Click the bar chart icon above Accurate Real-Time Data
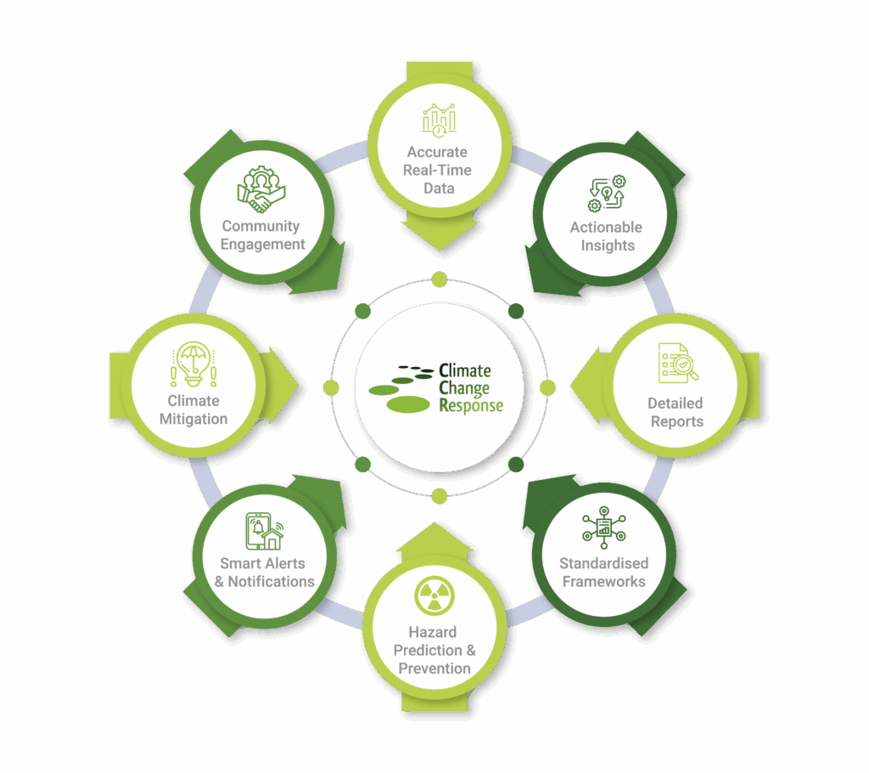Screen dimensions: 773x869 (439, 121)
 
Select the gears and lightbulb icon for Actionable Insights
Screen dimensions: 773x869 (606, 194)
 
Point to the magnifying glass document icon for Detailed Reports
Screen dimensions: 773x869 (677, 364)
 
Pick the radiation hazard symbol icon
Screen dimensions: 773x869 (434, 595)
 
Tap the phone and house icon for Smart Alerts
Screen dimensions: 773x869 (264, 531)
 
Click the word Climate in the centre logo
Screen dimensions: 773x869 (464, 370)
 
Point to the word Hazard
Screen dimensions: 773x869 (433, 632)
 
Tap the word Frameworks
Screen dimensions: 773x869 (603, 582)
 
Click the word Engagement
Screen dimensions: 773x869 (263, 244)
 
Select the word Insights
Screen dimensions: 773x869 (607, 245)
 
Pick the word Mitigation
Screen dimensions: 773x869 (193, 419)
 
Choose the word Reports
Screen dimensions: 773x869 (677, 421)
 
